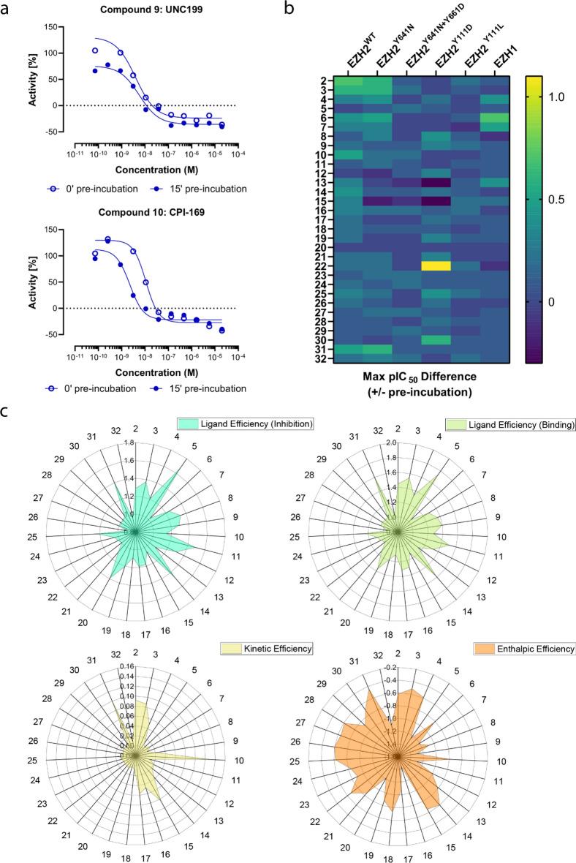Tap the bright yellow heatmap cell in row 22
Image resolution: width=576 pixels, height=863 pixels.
tap(436, 265)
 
